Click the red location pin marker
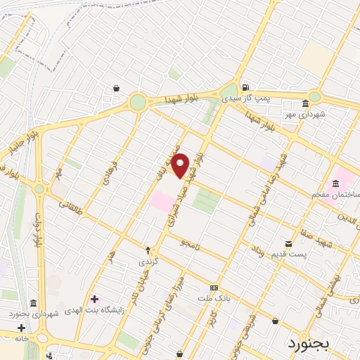180,165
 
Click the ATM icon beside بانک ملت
214,288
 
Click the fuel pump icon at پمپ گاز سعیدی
244,88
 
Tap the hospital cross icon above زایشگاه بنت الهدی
94,300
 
